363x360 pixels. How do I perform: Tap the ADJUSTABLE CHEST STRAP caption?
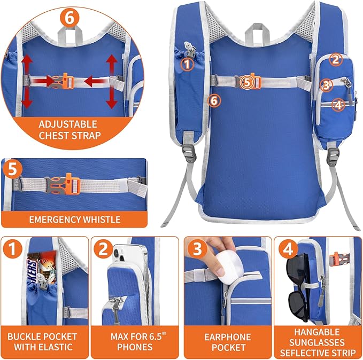click(x=69, y=130)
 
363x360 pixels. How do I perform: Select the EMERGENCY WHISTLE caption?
click(x=75, y=219)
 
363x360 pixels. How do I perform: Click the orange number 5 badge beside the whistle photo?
click(x=13, y=170)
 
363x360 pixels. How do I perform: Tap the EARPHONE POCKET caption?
click(x=227, y=342)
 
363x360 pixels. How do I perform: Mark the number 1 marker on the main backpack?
click(x=187, y=65)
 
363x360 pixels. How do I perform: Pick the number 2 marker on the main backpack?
click(x=335, y=60)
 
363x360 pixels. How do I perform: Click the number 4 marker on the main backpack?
click(x=337, y=105)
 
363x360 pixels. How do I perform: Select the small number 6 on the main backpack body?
click(x=214, y=100)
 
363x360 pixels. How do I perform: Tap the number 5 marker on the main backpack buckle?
click(x=246, y=82)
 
